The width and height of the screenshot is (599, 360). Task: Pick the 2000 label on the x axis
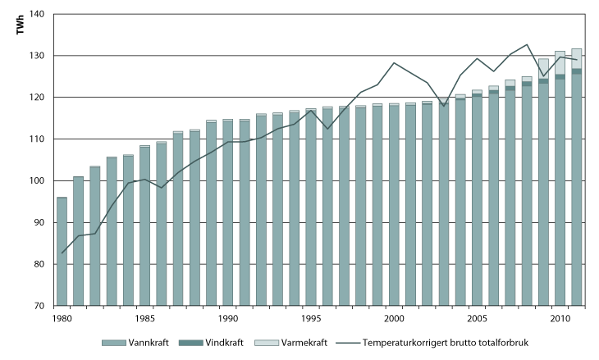point(394,317)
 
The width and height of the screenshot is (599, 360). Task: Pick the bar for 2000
point(394,205)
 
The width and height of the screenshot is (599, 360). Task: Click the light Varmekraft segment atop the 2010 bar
point(560,62)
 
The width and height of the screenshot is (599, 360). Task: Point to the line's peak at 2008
point(527,44)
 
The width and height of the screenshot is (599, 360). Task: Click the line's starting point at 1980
point(62,253)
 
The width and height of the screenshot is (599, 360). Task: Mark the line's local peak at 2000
point(394,62)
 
